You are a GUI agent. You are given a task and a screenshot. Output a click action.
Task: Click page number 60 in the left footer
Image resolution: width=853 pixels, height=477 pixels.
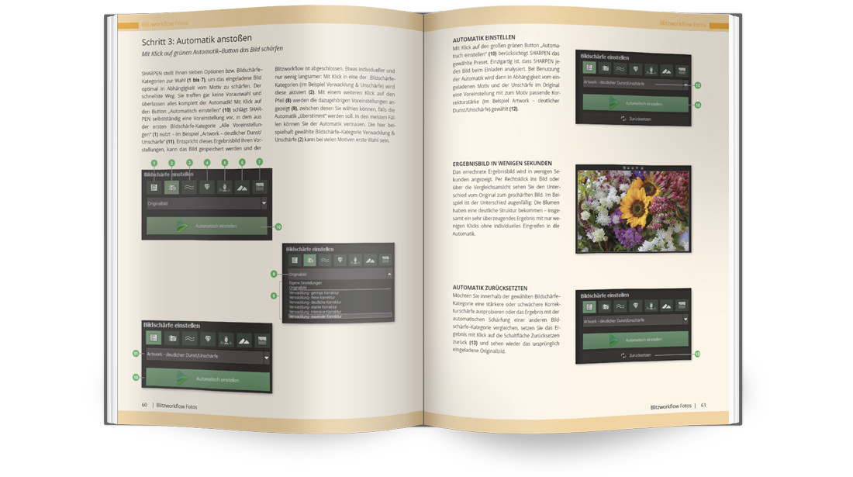[144, 404]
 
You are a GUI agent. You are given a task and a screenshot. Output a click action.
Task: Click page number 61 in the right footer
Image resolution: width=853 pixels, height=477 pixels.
[703, 405]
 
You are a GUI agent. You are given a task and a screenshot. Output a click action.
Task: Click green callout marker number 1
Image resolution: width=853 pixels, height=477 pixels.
[154, 163]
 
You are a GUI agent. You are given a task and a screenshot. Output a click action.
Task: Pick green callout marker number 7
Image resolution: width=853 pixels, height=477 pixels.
[259, 161]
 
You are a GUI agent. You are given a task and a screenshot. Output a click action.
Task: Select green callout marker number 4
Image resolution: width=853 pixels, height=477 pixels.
[206, 162]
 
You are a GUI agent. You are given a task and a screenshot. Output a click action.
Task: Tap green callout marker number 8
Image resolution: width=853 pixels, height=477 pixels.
[274, 274]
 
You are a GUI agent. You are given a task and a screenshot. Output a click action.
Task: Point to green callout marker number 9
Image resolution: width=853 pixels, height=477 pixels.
[274, 296]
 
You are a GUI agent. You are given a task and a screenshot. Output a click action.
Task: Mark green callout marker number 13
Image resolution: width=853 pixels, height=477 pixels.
[696, 354]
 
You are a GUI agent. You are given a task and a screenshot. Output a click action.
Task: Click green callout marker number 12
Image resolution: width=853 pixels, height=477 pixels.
[696, 85]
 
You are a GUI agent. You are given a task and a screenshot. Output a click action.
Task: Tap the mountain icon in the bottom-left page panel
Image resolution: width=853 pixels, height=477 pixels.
[243, 338]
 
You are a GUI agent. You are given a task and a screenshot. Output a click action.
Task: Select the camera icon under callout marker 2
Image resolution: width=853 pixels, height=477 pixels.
[171, 187]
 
